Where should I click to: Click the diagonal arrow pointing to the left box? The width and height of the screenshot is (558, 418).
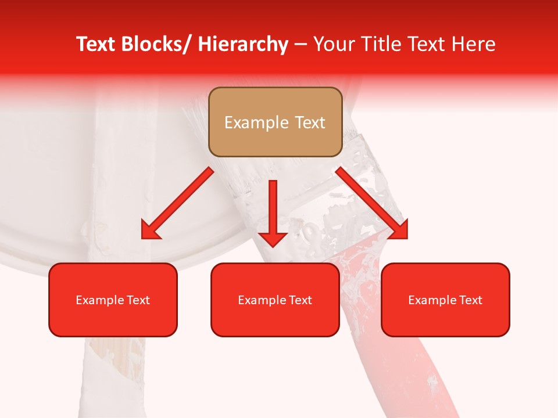point(177,203)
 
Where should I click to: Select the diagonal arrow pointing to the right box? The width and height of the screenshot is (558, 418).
point(371,203)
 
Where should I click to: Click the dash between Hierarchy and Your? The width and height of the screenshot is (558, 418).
point(301,45)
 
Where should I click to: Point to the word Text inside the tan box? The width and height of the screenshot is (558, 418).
point(309,122)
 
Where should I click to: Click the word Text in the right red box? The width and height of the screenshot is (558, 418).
point(470,300)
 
